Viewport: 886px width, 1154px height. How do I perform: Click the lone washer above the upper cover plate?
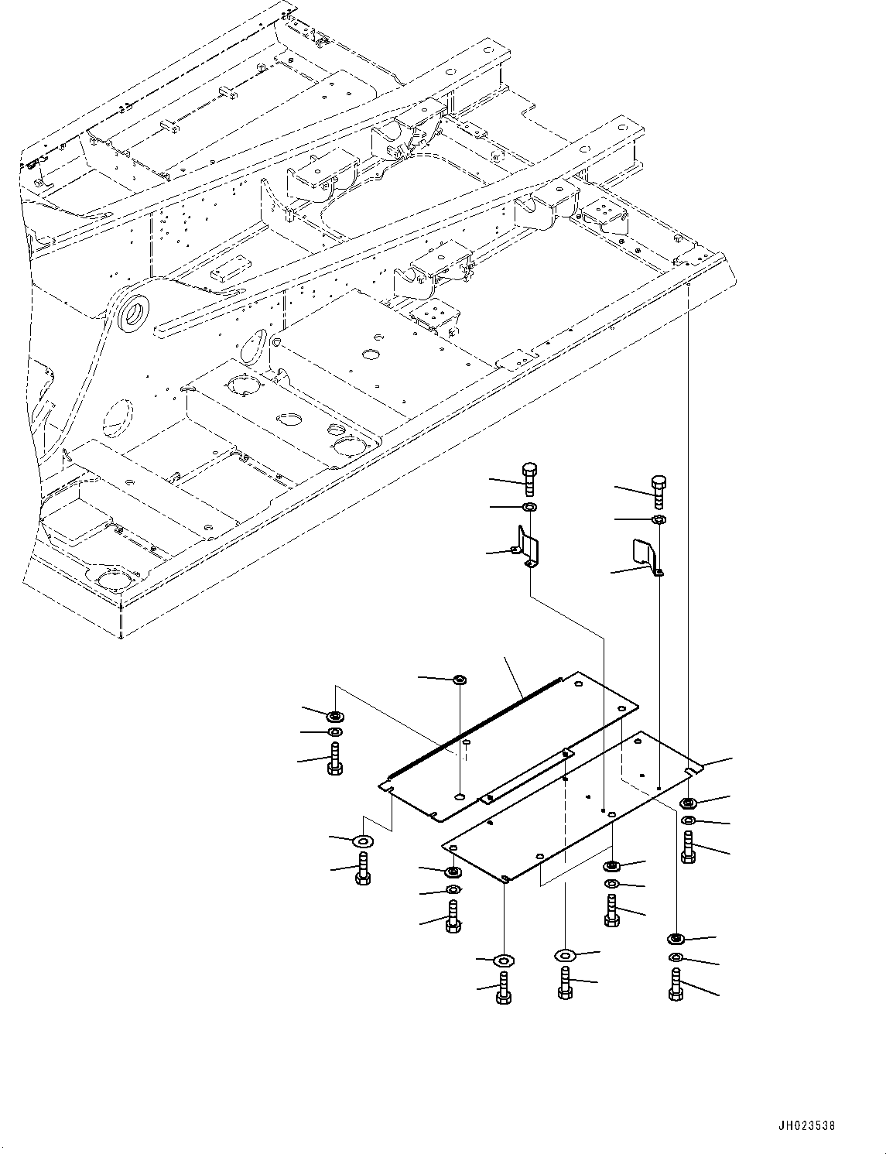click(459, 680)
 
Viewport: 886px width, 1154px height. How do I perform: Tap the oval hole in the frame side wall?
click(251, 347)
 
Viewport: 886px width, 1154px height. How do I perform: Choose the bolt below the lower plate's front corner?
click(503, 990)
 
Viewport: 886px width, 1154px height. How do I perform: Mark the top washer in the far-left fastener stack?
click(335, 716)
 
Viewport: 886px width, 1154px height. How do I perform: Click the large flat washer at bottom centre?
click(566, 956)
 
